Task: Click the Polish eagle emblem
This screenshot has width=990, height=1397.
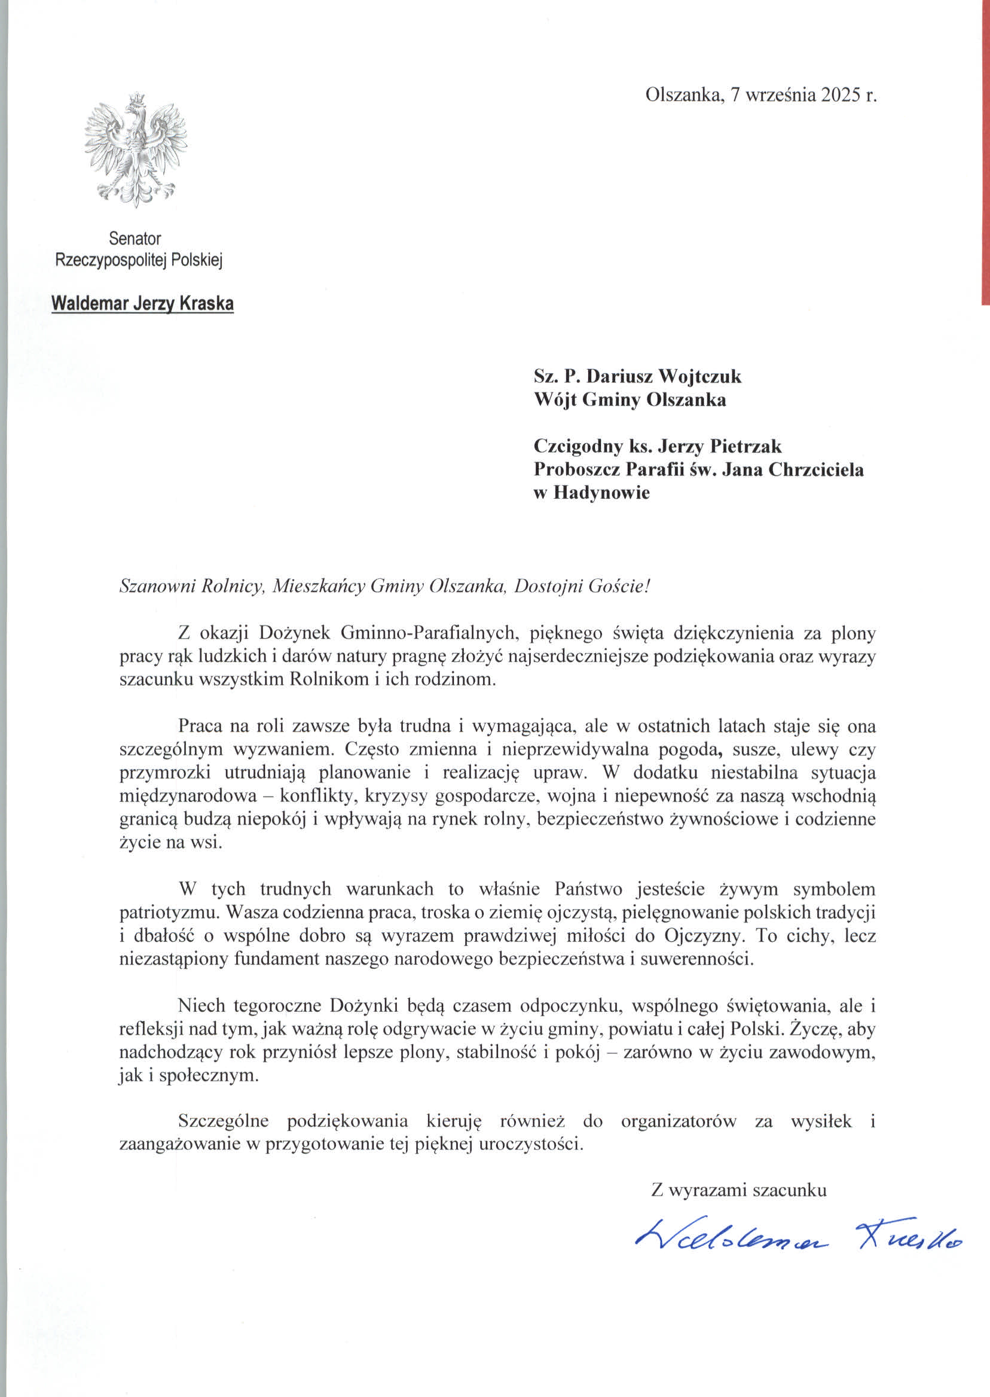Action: pyautogui.click(x=135, y=150)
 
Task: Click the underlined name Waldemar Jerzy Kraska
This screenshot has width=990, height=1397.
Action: pyautogui.click(x=143, y=303)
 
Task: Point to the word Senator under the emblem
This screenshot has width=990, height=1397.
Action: pyautogui.click(x=135, y=238)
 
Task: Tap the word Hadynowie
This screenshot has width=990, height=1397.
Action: pyautogui.click(x=601, y=492)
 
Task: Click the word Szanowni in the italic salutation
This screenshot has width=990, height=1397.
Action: pyautogui.click(x=155, y=586)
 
